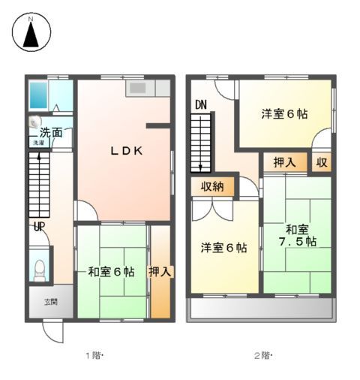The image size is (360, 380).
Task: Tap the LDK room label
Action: coord(127,150)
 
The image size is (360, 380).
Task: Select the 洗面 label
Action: coord(51,133)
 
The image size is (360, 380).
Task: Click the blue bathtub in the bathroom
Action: coord(37,95)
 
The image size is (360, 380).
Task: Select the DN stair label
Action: coord(200,106)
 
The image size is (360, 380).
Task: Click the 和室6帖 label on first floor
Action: coord(111,272)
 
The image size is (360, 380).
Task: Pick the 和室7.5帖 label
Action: coord(297,236)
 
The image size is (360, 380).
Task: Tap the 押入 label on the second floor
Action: coord(284,162)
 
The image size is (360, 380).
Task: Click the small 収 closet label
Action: coord(321,162)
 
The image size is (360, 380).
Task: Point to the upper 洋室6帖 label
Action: coord(284,115)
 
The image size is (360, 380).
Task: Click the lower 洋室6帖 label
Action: coord(223,248)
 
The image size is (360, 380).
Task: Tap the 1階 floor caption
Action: coord(93,355)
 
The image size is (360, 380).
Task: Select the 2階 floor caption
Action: coord(262,355)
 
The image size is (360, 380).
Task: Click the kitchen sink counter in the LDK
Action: coord(140,89)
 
